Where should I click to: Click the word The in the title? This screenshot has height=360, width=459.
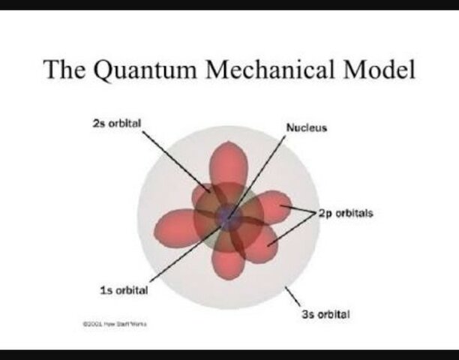pos(66,70)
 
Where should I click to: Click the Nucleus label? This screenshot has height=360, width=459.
pos(307,127)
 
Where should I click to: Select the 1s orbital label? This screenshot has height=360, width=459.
pos(124,290)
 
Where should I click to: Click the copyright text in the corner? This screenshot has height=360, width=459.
pos(109,322)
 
